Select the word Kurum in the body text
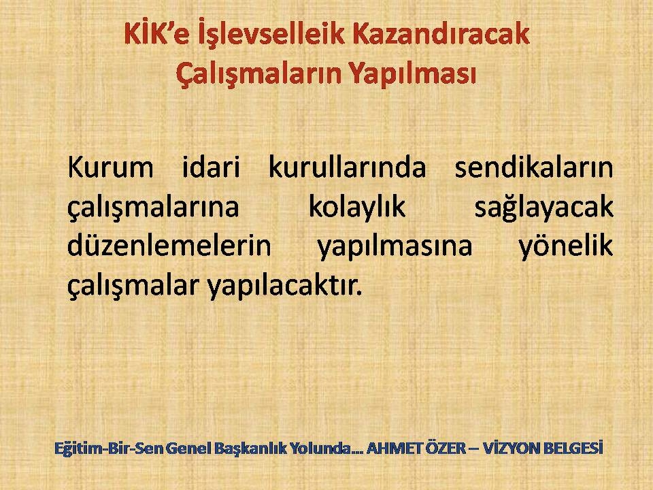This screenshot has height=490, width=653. [110, 167]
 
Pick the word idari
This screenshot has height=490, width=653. [211, 167]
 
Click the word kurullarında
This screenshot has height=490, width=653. [348, 167]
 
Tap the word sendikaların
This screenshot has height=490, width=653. [534, 167]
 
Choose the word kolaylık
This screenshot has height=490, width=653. [357, 208]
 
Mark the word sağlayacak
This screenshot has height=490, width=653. [544, 208]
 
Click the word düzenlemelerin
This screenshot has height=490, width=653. [169, 246]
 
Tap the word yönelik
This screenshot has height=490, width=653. [566, 246]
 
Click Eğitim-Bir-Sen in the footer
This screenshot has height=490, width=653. [109, 448]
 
